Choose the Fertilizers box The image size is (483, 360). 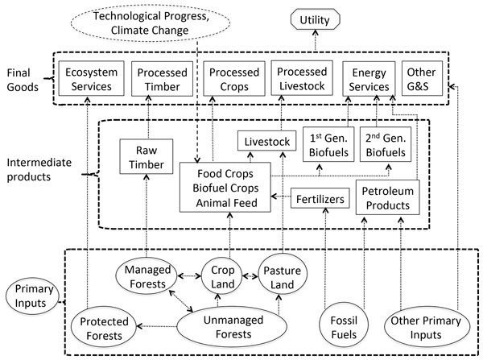[321, 197]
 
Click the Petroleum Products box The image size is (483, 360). [388, 198]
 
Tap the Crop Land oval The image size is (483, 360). [217, 277]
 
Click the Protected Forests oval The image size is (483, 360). [104, 327]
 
